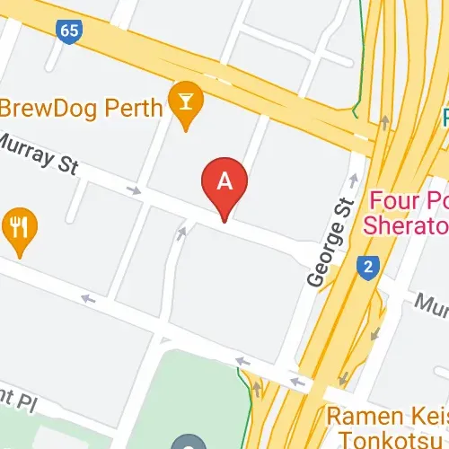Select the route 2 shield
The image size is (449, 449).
[x=366, y=267]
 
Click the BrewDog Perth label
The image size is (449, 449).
[x=81, y=109]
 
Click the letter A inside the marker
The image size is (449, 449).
[x=224, y=180]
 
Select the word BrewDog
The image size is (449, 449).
[x=49, y=109]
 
